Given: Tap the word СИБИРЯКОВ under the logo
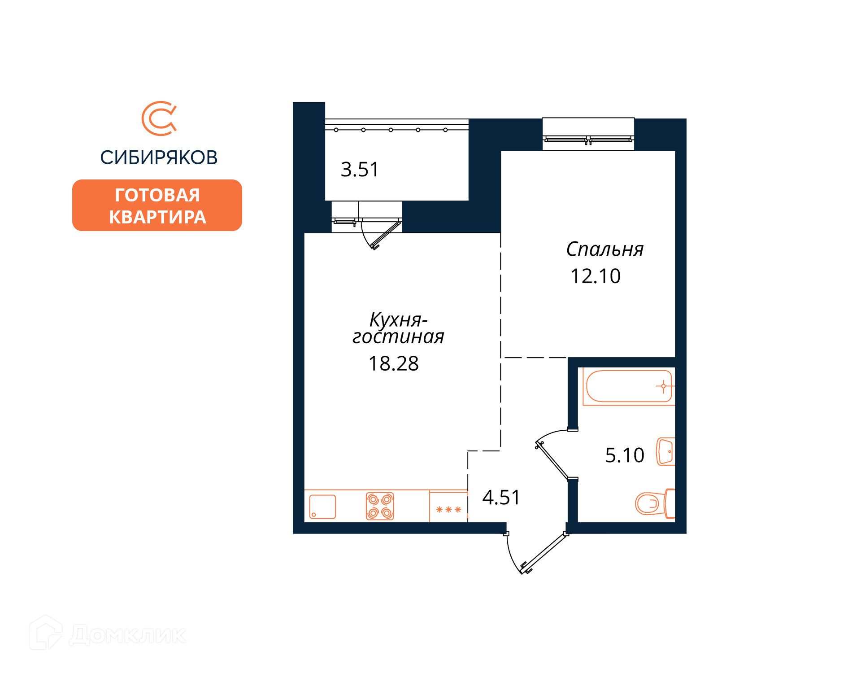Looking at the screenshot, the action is click(159, 157).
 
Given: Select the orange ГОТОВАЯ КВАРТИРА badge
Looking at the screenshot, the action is click(157, 205).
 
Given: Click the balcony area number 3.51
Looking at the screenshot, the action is click(360, 170).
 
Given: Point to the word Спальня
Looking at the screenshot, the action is click(604, 249).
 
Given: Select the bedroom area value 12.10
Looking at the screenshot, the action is click(596, 276).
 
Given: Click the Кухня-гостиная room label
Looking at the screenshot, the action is click(398, 328).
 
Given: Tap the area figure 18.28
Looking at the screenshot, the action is click(393, 363).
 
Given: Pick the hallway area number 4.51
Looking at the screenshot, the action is click(501, 497).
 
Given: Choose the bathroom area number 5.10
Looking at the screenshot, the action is click(625, 455).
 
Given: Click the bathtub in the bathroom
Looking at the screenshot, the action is click(629, 386).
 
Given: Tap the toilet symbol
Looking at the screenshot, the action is click(655, 503).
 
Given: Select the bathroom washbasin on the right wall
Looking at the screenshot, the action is click(666, 451).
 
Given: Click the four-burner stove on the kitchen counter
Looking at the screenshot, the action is click(380, 506).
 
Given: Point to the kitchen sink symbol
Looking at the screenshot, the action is click(322, 507).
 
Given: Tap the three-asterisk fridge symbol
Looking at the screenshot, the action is click(448, 509).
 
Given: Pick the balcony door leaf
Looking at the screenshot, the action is click(386, 235).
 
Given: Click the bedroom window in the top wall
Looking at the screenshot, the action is click(588, 134).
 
